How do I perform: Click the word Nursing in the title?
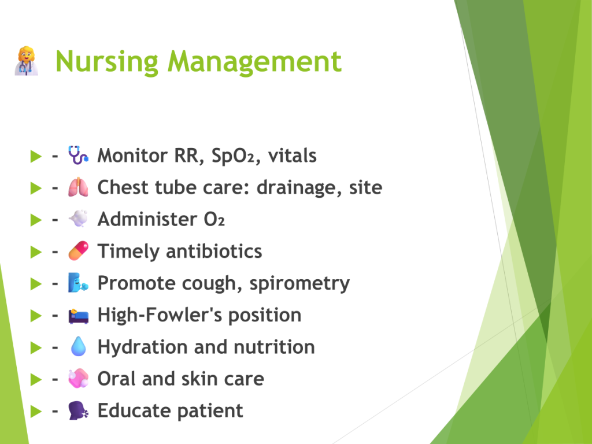[x=107, y=62]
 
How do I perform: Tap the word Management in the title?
[x=254, y=61]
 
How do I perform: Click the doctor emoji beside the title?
[x=27, y=61]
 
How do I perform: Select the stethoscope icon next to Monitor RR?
[x=78, y=155]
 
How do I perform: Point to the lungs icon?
[x=78, y=187]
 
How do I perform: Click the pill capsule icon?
[x=78, y=251]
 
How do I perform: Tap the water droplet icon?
[x=78, y=346]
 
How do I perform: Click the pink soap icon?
[x=78, y=378]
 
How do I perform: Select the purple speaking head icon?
[x=78, y=410]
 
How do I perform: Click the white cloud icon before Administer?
[x=78, y=219]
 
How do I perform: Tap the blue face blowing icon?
[x=78, y=283]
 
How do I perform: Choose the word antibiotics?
[x=214, y=251]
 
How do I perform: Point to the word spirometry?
[x=299, y=284]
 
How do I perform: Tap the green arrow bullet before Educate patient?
[x=36, y=411]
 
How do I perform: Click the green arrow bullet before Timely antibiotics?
[x=36, y=251]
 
